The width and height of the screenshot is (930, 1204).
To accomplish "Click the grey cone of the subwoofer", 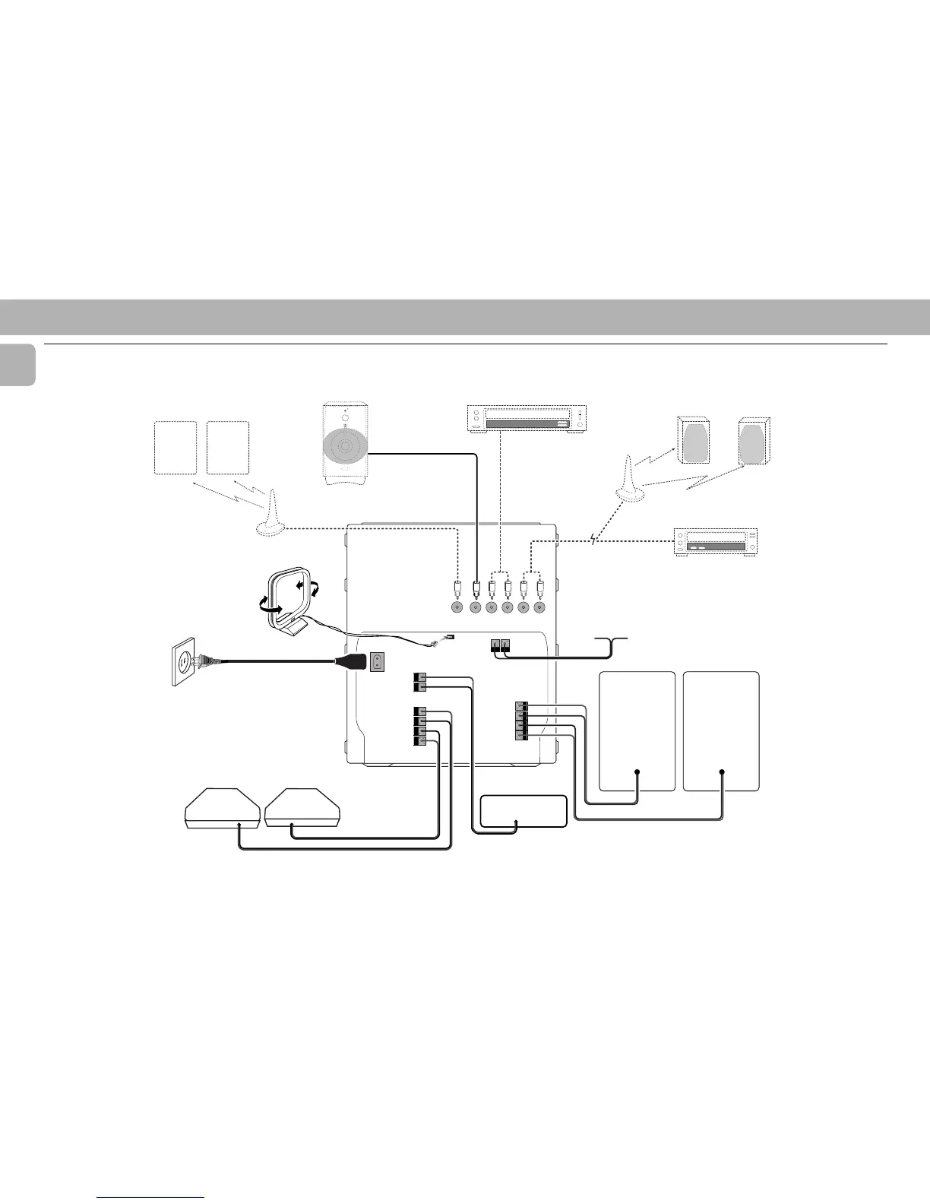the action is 347,449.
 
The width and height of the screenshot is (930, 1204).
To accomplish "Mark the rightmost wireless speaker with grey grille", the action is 754,442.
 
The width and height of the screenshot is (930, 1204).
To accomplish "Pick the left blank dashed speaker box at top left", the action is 176,448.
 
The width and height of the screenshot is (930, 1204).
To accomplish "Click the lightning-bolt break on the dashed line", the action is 595,540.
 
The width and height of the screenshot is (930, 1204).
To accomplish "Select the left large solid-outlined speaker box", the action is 637,730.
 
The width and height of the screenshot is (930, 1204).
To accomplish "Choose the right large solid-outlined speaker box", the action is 721,730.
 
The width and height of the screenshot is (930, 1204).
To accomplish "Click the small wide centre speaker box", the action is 524,812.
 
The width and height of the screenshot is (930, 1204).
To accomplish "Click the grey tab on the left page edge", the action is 17,365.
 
